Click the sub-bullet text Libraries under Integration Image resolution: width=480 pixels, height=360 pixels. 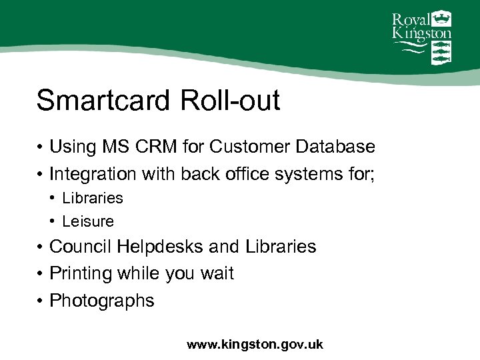[93, 198]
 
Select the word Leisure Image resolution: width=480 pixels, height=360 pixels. [88, 221]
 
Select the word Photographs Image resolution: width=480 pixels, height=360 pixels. [102, 301]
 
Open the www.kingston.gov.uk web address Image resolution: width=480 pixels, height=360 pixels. [255, 345]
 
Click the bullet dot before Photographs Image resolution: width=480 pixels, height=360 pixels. [41, 301]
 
